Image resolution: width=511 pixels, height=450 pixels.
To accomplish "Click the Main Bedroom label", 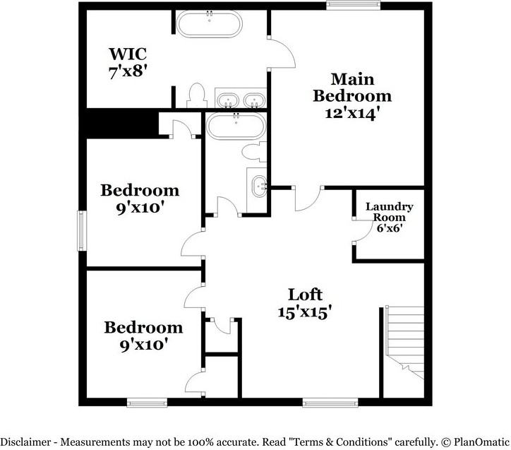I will pos(352,87).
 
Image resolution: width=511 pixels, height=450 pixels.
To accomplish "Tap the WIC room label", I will pos(128,54).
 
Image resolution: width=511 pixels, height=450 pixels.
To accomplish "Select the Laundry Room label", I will pos(389,212).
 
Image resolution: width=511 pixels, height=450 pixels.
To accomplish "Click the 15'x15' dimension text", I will pos(305,312).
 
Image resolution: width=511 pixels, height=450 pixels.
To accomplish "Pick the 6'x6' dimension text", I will pos(389,229).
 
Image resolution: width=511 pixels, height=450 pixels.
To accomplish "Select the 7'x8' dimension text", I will pos(128,71).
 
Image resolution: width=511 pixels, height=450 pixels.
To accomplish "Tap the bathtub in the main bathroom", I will pos(208,25).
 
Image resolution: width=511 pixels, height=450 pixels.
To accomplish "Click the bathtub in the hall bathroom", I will pos(236,127).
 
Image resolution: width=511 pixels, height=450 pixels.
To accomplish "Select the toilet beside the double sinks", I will pos(196,96).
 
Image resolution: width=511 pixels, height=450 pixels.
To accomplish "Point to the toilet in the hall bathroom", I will pos(251,151).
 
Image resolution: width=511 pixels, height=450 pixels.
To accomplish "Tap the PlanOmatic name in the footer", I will pos(481,442).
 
